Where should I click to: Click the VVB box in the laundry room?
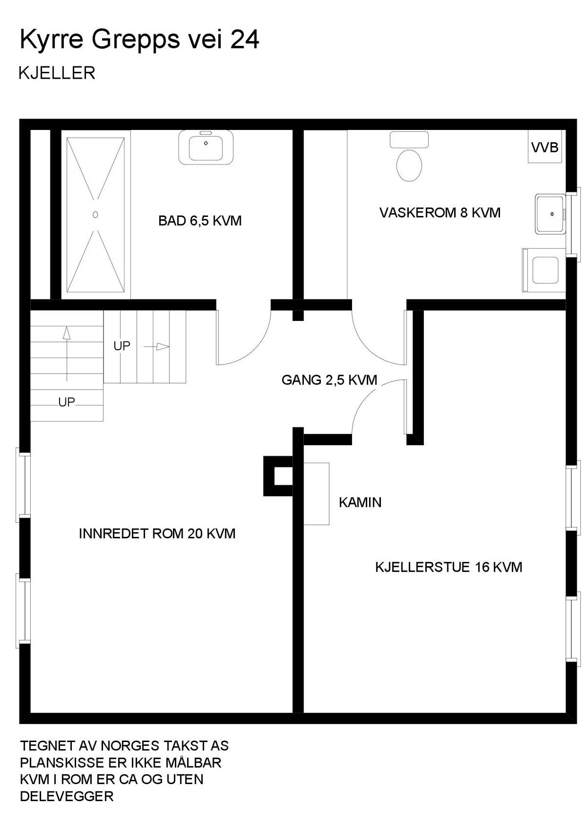tap(544, 147)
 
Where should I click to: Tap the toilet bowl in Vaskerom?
tap(409, 165)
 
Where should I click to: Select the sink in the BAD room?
tap(206, 148)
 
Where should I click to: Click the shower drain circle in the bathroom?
tap(95, 214)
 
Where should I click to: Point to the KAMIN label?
tap(360, 502)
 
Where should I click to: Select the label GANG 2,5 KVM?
tap(329, 380)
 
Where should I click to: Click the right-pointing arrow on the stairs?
tap(162, 347)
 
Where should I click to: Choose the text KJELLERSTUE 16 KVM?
tap(448, 567)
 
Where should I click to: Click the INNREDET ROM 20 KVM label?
tap(157, 533)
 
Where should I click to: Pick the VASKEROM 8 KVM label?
tap(439, 213)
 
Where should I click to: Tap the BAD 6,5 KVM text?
tap(200, 221)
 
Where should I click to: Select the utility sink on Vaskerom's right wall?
tap(550, 214)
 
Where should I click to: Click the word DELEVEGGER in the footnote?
tap(66, 796)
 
